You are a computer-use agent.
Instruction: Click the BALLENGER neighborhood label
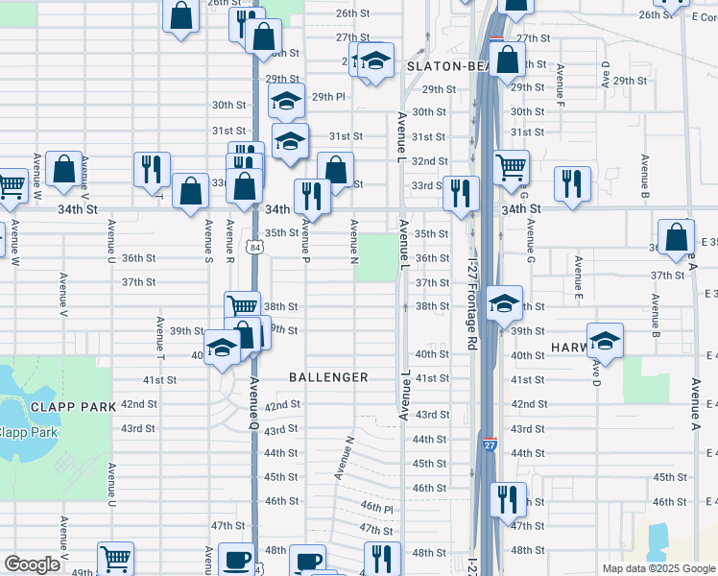pyautogui.click(x=329, y=377)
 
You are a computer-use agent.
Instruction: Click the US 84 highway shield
pyautogui.click(x=253, y=247)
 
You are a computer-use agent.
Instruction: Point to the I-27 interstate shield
pyautogui.click(x=490, y=444)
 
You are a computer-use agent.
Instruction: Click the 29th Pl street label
pyautogui.click(x=327, y=96)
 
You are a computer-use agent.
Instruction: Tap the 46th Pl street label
pyautogui.click(x=377, y=506)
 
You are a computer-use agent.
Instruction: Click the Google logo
pyautogui.click(x=32, y=564)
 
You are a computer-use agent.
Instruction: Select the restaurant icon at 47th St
pyautogui.click(x=508, y=498)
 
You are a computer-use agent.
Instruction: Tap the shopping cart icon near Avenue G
pyautogui.click(x=512, y=166)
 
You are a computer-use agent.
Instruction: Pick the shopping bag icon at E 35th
pyautogui.click(x=677, y=235)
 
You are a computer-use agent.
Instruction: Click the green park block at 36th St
pyautogui.click(x=376, y=257)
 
